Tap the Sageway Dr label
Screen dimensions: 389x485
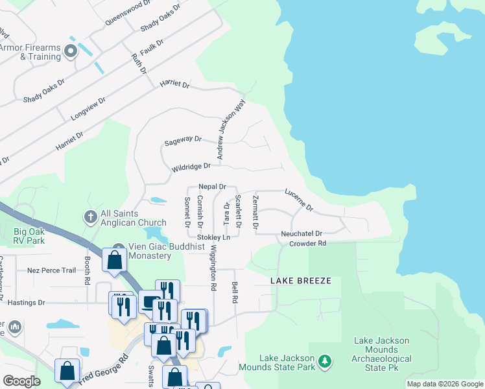click(183, 140)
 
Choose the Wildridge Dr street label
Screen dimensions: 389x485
click(191, 168)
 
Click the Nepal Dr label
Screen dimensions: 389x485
click(212, 186)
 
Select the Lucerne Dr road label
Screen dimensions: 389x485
click(299, 200)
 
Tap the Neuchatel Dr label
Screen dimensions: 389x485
click(302, 233)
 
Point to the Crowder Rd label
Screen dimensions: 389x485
click(307, 244)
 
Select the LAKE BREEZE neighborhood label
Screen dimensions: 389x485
click(301, 281)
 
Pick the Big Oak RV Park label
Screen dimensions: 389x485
click(29, 235)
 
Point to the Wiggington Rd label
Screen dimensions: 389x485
click(212, 266)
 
